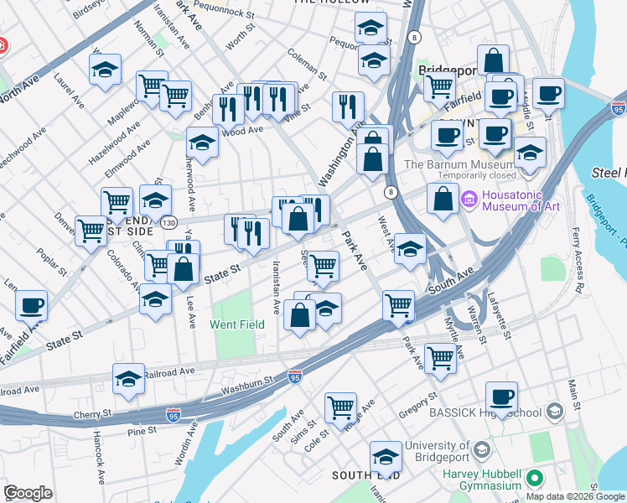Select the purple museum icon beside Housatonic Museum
(x=468, y=201)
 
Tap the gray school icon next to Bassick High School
(x=555, y=412)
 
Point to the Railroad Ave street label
(x=170, y=371)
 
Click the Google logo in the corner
(x=28, y=493)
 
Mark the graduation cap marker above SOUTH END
(x=386, y=456)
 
